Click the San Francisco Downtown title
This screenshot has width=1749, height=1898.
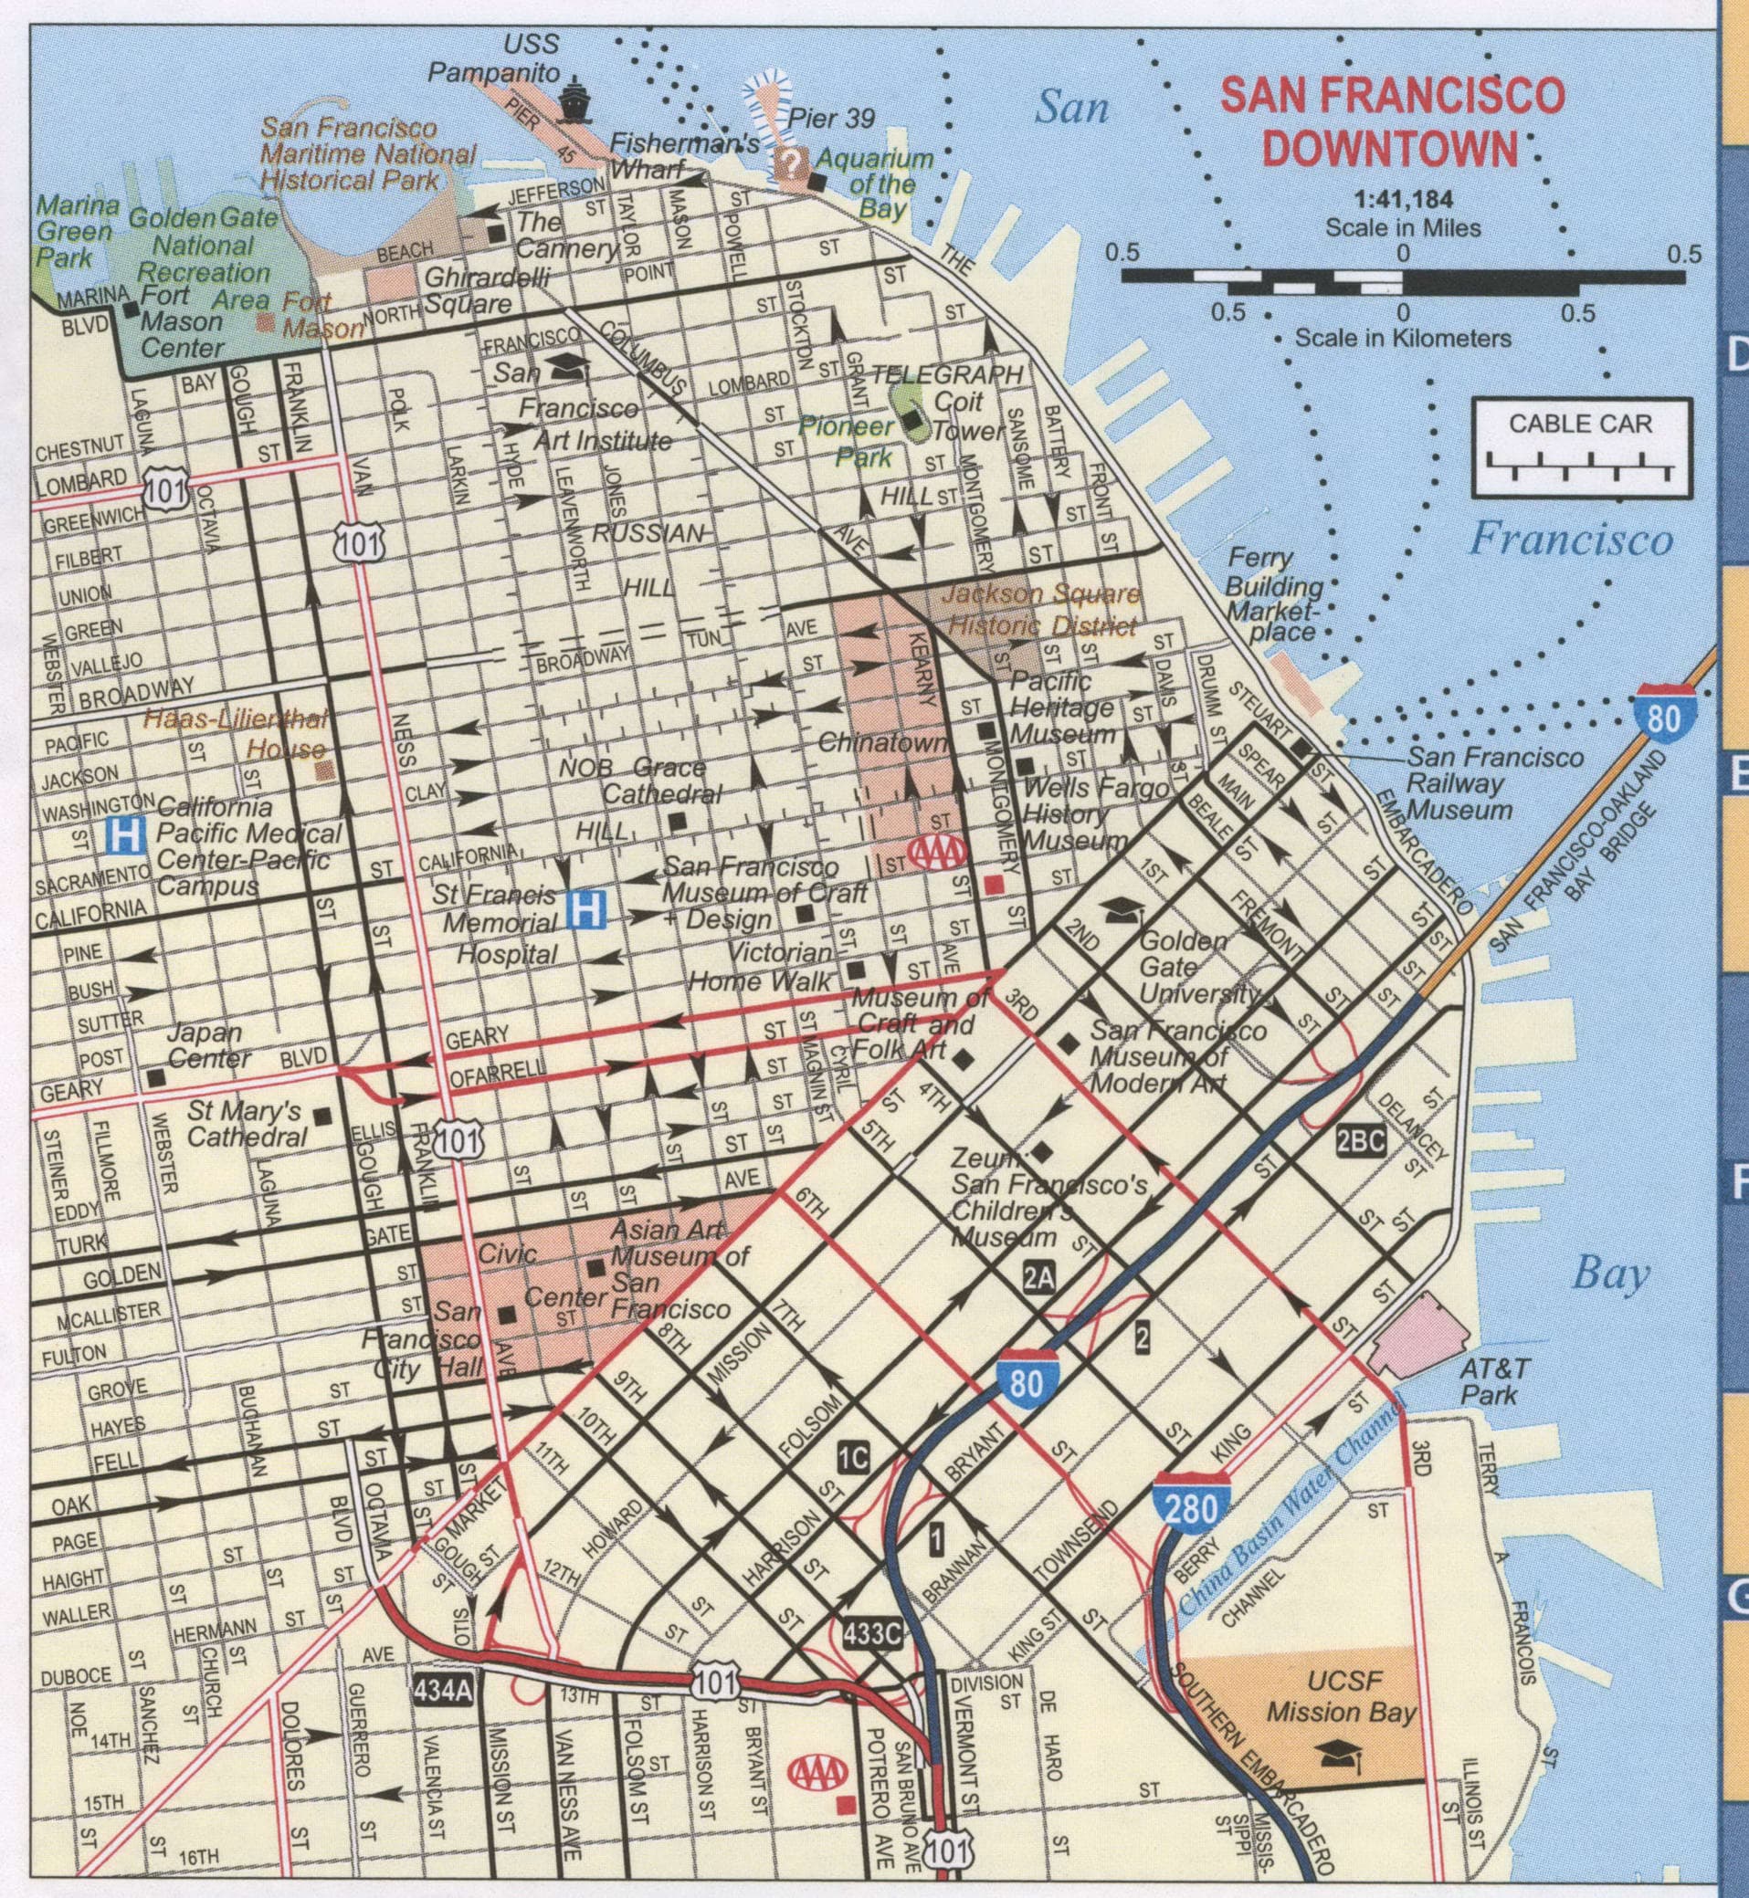1391,122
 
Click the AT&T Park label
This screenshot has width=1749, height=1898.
1493,1380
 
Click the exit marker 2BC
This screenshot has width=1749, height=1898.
1361,1142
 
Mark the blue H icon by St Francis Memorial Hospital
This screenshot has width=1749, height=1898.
585,911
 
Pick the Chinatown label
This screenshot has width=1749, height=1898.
883,743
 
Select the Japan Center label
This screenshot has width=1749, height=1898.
208,1044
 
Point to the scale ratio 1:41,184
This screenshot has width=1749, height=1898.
1403,200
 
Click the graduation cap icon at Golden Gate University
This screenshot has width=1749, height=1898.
1122,909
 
